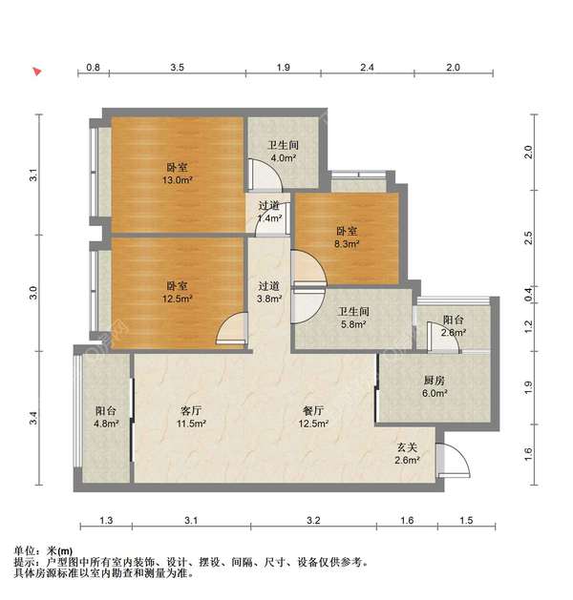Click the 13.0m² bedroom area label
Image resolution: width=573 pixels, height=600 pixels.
[177, 173]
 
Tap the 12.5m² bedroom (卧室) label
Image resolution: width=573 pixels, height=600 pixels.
[177, 291]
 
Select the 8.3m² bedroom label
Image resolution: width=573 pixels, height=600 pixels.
[346, 237]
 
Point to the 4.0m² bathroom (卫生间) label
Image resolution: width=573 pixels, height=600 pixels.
[282, 152]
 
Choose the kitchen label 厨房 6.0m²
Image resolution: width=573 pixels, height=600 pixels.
[434, 384]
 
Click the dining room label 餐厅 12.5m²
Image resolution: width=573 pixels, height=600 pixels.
[314, 417]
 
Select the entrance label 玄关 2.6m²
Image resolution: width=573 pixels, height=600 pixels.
[409, 453]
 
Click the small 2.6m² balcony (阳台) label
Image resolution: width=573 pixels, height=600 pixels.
[453, 326]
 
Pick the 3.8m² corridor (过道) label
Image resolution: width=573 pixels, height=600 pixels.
[269, 291]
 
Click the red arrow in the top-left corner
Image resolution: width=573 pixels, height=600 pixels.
[36, 72]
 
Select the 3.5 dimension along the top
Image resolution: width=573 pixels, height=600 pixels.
[178, 68]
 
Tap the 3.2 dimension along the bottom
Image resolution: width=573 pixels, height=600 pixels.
[313, 520]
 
